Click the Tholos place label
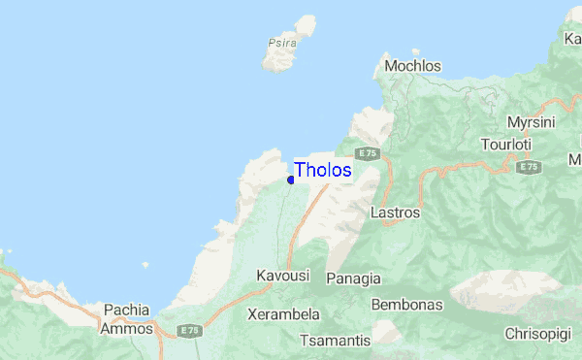coord(323,170)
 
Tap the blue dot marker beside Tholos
coord(291,180)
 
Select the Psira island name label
coord(280,43)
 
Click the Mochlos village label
coord(412,66)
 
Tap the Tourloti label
coord(506,145)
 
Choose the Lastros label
coord(396,212)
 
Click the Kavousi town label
coord(282,276)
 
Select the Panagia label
coord(354,278)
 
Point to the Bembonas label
coord(406,305)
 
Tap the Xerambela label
coord(284,315)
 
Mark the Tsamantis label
coord(336,341)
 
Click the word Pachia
coord(126,311)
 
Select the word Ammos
coord(126,329)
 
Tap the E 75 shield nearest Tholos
coord(366,153)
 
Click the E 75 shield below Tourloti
coord(528,167)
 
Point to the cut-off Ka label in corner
coord(572,38)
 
